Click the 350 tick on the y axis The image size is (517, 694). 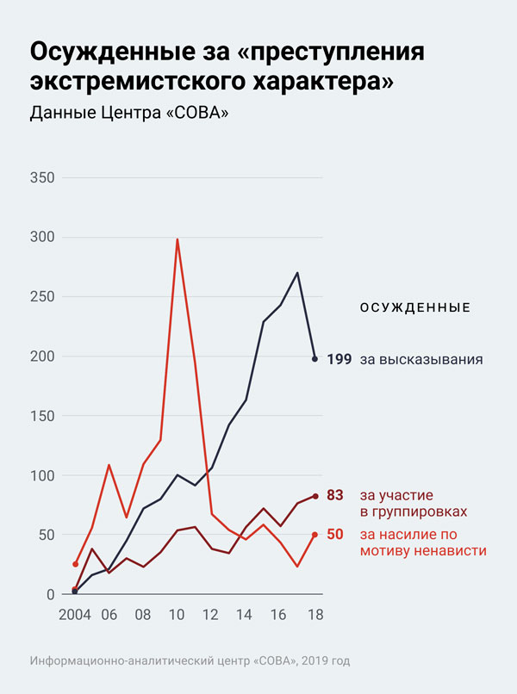pyautogui.click(x=42, y=178)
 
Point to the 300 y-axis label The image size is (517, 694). pyautogui.click(x=42, y=238)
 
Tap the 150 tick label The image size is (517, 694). pyautogui.click(x=42, y=416)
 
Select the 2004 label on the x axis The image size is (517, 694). pyautogui.click(x=75, y=616)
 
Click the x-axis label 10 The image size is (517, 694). pyautogui.click(x=177, y=616)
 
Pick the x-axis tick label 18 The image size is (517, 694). pyautogui.click(x=315, y=616)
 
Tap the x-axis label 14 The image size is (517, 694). pyautogui.click(x=246, y=616)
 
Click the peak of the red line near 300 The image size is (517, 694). pyautogui.click(x=177, y=239)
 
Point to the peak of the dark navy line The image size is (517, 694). pyautogui.click(x=297, y=273)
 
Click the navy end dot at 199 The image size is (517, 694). pyautogui.click(x=315, y=358)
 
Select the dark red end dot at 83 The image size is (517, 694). pyautogui.click(x=315, y=496)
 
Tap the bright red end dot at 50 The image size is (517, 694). pyautogui.click(x=315, y=535)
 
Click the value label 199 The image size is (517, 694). pyautogui.click(x=339, y=359)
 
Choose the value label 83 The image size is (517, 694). pyautogui.click(x=335, y=495)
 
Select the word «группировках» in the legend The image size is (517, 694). pyautogui.click(x=412, y=511)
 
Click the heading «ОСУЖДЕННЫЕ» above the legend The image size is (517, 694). pyautogui.click(x=414, y=307)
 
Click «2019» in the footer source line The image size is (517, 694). pyautogui.click(x=306, y=661)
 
